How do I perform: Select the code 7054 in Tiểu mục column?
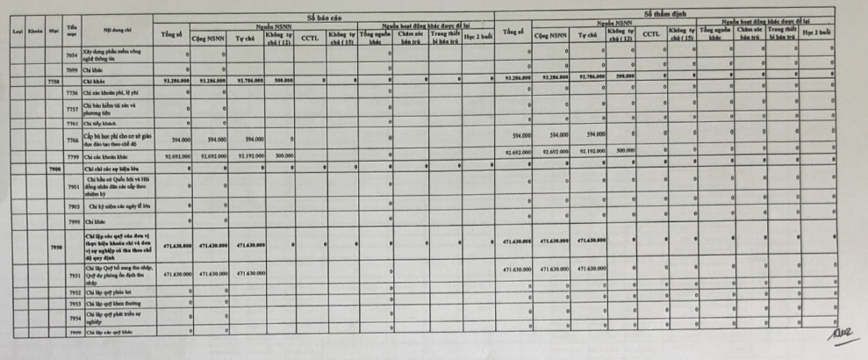pos(73,54)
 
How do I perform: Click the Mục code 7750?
pos(54,80)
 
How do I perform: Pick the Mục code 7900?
pos(54,166)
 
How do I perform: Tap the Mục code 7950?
pos(54,248)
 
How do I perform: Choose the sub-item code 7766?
pos(73,139)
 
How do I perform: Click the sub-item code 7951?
pos(73,275)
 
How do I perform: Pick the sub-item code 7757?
pos(73,108)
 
